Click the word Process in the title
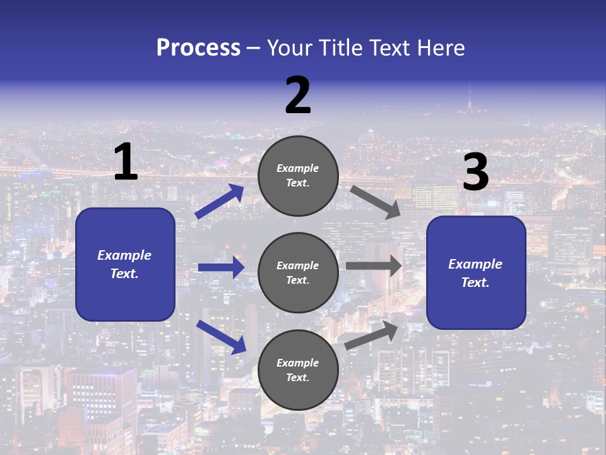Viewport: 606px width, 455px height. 198,48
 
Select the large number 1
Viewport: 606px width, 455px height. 126,162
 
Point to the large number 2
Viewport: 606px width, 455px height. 298,96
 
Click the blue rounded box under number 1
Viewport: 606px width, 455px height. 125,264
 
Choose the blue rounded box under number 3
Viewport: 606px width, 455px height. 476,273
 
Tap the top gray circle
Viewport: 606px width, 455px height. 298,176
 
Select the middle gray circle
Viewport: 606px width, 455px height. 298,272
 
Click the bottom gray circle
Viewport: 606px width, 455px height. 298,370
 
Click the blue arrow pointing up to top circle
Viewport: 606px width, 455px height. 220,202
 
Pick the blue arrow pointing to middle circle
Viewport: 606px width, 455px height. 221,267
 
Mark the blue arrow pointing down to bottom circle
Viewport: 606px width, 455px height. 221,337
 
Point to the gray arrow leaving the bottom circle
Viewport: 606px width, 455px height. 372,335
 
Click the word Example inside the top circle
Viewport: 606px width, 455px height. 298,169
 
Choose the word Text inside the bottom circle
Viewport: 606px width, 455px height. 297,377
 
